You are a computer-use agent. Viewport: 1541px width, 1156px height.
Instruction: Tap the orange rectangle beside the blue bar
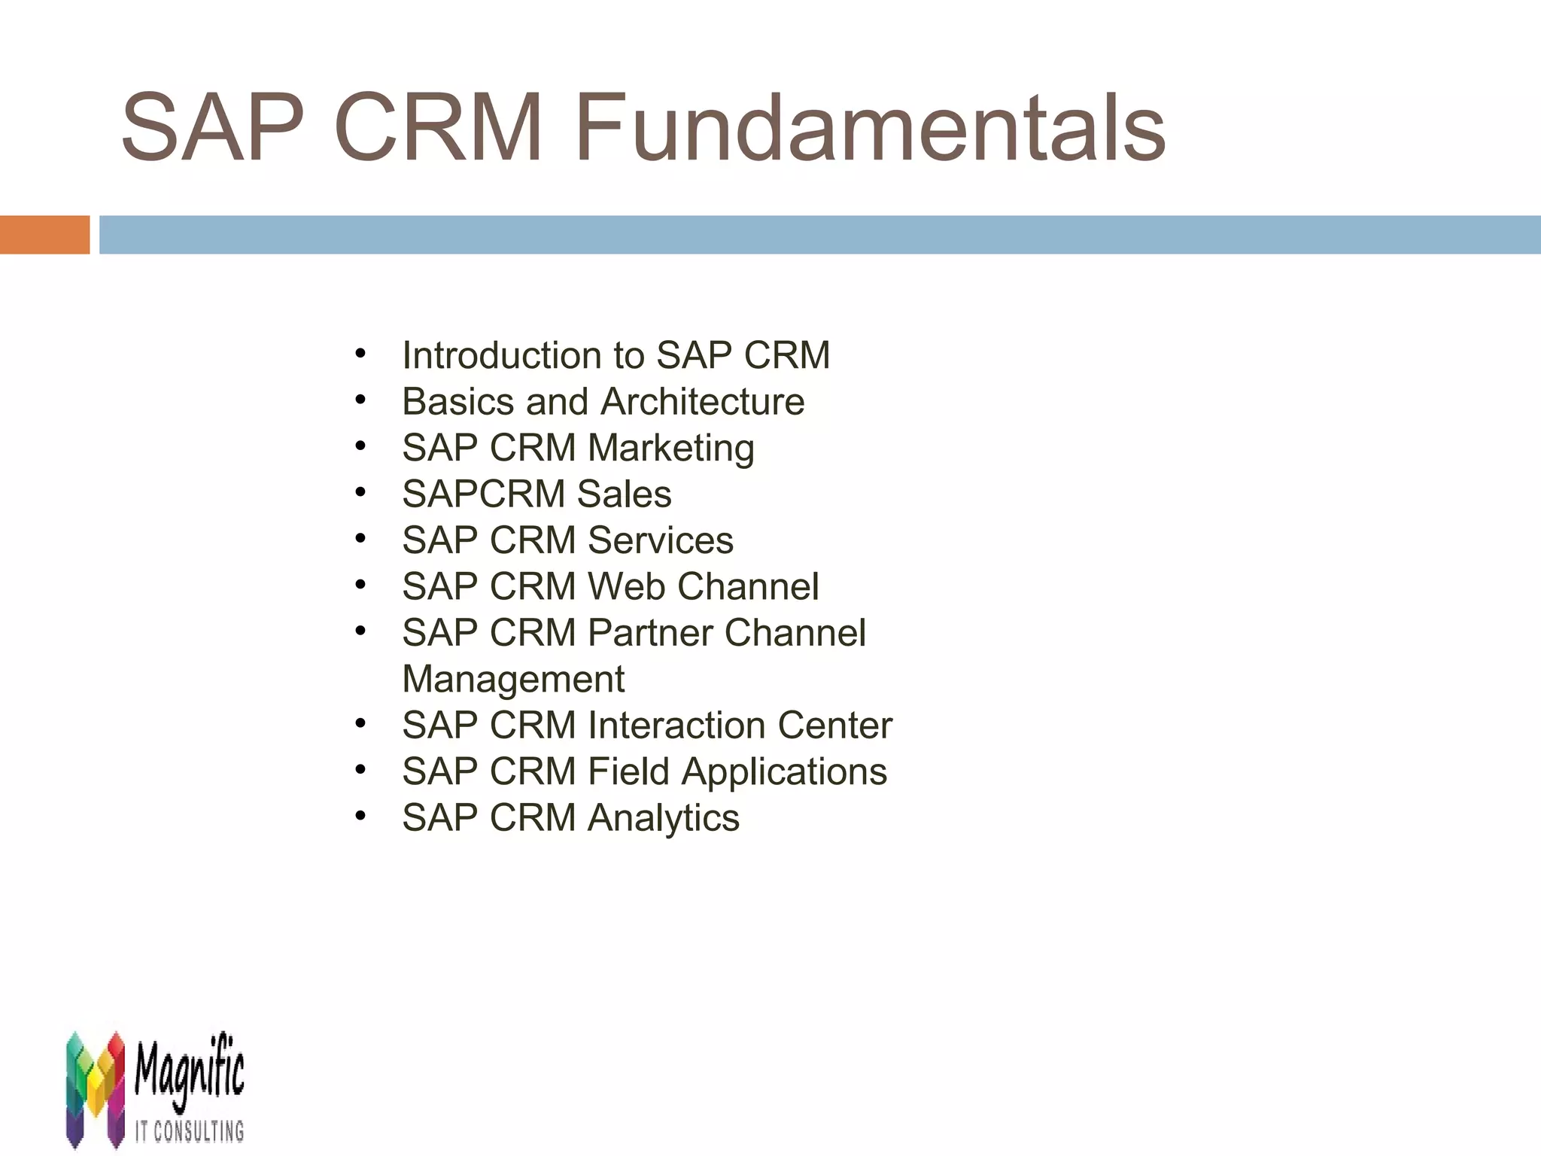44,235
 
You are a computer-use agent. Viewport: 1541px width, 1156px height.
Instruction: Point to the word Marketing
670,449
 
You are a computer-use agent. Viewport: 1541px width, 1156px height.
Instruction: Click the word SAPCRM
483,494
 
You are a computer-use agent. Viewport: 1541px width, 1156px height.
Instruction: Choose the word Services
660,540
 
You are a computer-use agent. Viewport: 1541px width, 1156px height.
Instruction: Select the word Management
513,680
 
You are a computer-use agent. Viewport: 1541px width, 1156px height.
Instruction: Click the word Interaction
676,726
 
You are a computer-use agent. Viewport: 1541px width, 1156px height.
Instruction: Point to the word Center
834,726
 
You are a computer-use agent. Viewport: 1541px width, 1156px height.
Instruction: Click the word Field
628,772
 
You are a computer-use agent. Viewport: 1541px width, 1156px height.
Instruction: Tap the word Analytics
663,819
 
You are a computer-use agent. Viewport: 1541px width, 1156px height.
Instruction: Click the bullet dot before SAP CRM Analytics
361,816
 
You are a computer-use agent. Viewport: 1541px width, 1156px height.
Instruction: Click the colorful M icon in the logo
95,1088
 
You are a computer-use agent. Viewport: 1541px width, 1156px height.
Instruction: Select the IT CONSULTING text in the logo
190,1131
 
